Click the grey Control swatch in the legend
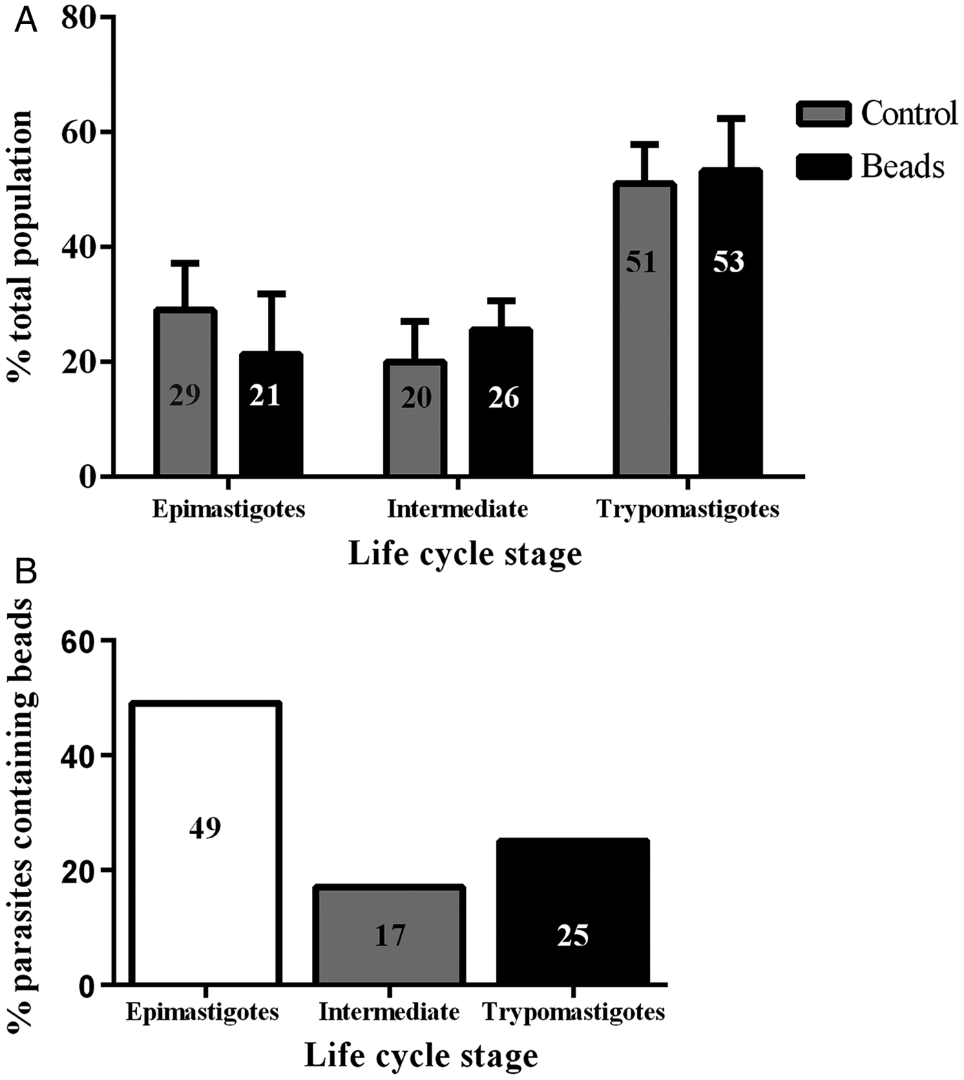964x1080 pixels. point(824,114)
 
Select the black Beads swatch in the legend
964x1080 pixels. point(824,167)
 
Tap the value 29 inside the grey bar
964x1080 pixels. point(185,395)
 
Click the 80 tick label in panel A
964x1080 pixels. point(80,18)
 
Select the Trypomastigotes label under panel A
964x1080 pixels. point(688,509)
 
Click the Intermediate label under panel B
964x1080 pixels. point(389,1013)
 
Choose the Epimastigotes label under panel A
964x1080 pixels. point(228,509)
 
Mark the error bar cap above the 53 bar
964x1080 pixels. point(731,118)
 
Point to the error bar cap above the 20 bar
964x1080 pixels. point(415,321)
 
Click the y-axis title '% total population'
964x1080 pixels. point(21,246)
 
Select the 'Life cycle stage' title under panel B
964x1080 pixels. point(421,1055)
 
